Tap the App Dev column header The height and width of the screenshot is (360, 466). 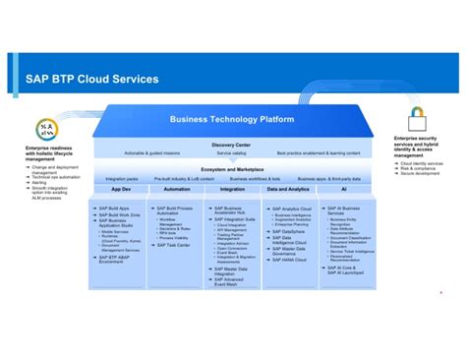point(121,189)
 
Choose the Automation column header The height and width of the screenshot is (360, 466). point(177,189)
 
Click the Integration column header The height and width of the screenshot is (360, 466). point(233,189)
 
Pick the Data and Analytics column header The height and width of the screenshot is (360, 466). point(289,189)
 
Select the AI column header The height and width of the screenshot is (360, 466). point(343,189)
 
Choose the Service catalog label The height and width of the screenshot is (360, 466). point(231,153)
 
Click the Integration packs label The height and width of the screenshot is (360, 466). point(122,179)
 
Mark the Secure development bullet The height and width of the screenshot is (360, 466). point(419,172)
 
